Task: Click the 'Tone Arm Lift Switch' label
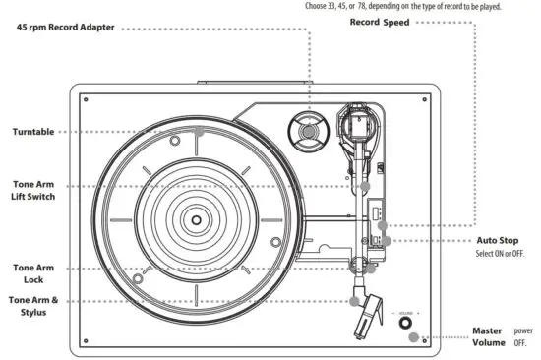point(33,190)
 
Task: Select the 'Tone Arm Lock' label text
point(31,273)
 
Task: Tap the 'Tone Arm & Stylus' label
point(34,306)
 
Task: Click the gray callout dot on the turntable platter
point(199,131)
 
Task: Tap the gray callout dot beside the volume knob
point(424,338)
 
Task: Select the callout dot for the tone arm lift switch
point(364,185)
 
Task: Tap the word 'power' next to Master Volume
point(523,330)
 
